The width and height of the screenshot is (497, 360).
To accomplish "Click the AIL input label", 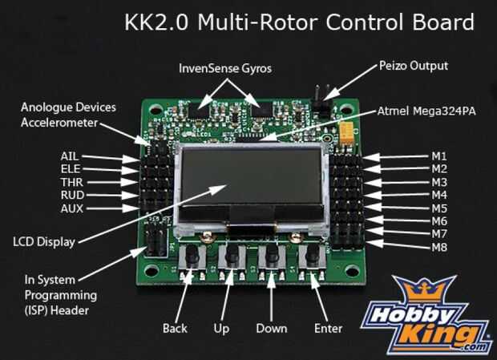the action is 70,156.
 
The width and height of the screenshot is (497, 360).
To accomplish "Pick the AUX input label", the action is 71,208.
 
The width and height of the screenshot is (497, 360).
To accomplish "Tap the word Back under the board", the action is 175,329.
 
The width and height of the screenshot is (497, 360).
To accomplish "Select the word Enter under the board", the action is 329,329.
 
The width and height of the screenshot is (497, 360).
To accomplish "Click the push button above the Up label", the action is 232,257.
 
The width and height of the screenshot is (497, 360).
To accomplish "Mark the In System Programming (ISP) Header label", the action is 56,294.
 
